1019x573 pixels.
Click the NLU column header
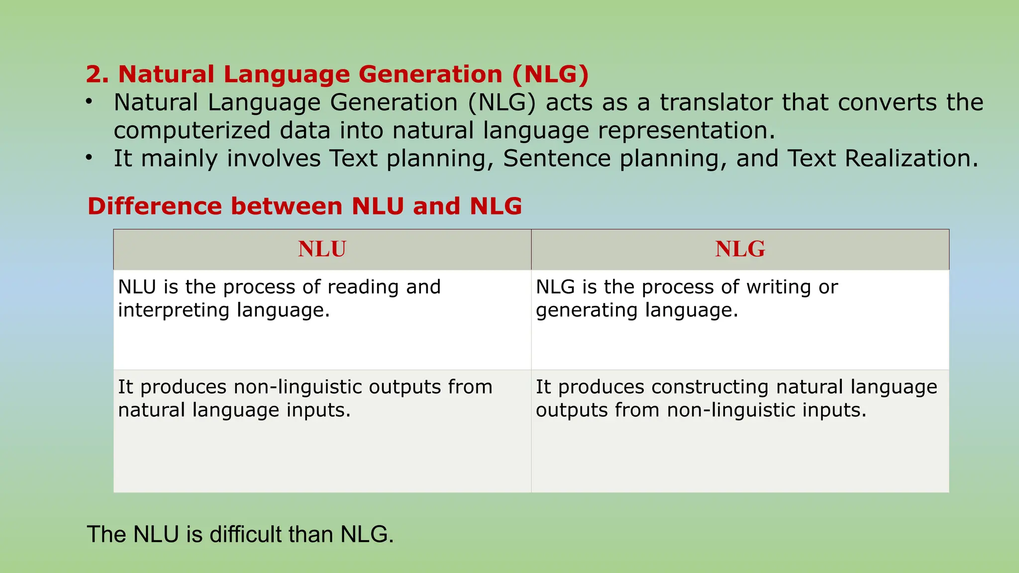(x=322, y=249)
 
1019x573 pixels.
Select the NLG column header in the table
(x=740, y=249)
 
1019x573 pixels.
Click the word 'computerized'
(x=193, y=131)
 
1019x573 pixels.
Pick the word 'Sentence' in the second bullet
(x=556, y=159)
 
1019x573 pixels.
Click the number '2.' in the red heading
(x=98, y=75)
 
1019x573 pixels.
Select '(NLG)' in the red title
(x=550, y=75)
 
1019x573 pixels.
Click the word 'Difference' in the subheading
(x=154, y=206)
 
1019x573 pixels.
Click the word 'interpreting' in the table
(x=174, y=310)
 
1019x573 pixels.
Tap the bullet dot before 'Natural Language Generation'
(x=89, y=102)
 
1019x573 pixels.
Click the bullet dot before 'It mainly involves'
(x=89, y=158)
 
